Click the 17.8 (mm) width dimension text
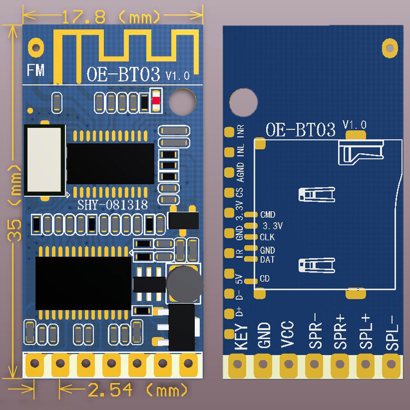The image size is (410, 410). (x=111, y=17)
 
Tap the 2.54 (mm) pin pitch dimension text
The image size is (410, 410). (x=137, y=391)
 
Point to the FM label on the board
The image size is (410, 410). (x=36, y=70)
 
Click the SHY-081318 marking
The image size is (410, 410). (x=113, y=204)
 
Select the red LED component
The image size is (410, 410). (x=156, y=100)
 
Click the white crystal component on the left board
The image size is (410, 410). (x=45, y=160)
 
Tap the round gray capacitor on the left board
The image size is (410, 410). (x=184, y=284)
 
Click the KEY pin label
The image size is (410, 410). (x=241, y=337)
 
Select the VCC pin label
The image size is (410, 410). (x=287, y=334)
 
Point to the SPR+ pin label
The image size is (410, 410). (x=340, y=333)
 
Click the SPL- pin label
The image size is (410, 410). (x=392, y=333)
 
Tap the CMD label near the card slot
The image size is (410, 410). (x=268, y=215)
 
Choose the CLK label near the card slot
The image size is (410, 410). (x=267, y=237)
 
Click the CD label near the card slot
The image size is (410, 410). (x=264, y=279)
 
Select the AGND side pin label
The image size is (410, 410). (x=240, y=172)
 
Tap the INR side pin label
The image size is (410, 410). (x=240, y=131)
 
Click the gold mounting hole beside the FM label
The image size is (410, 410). (x=36, y=48)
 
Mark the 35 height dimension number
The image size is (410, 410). (x=14, y=230)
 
